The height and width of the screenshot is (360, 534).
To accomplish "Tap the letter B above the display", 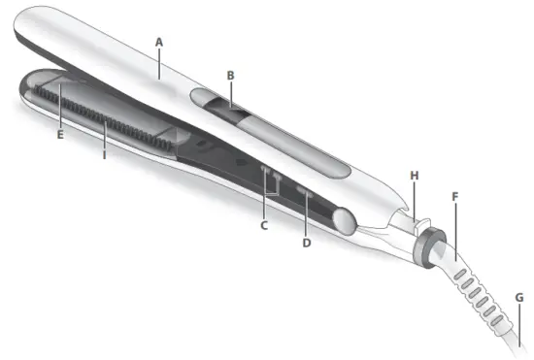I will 230,74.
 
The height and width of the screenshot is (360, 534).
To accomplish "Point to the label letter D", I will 307,242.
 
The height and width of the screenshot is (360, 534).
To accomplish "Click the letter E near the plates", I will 60,134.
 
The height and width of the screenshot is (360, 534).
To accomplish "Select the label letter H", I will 414,176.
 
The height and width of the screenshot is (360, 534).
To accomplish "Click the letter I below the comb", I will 104,152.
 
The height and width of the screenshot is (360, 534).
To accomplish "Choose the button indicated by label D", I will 304,194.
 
